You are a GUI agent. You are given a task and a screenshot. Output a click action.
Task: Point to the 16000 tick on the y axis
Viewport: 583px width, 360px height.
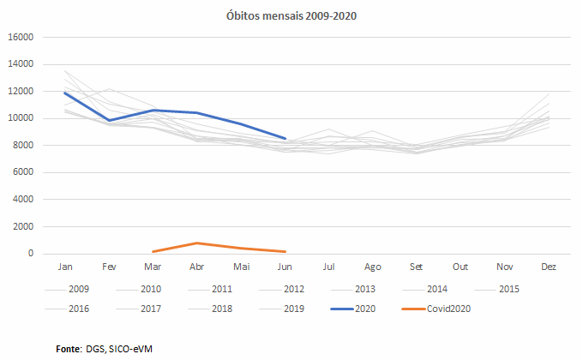pos(20,37)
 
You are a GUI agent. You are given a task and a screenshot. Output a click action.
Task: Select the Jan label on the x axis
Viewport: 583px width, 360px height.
pos(64,267)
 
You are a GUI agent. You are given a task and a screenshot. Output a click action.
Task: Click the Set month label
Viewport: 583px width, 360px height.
pos(417,267)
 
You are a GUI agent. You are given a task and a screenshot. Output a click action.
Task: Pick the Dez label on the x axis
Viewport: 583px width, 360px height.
pos(549,267)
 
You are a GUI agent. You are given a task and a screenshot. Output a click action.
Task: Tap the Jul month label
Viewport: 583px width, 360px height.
pos(328,267)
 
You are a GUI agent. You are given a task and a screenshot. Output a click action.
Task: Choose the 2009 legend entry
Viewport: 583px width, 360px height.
pos(79,289)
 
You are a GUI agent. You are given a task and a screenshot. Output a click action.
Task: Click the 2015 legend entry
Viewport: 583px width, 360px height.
pos(509,289)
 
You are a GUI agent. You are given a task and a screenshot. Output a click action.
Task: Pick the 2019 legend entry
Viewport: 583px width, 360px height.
pos(294,309)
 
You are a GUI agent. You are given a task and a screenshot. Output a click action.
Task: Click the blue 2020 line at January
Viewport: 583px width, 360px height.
pos(64,93)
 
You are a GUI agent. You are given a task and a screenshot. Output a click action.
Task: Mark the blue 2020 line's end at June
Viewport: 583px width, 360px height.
pos(285,138)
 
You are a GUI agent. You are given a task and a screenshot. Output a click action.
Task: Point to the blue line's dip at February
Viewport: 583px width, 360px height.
pos(109,120)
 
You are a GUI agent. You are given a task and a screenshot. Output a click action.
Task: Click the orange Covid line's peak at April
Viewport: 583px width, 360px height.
pos(196,243)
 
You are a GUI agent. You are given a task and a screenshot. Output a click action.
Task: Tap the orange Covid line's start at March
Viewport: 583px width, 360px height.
pos(153,252)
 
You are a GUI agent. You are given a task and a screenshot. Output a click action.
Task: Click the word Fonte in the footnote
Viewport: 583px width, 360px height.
pos(69,349)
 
